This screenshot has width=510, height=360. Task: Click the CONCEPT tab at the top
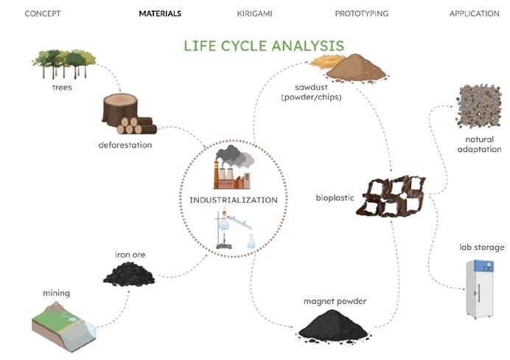(x=43, y=13)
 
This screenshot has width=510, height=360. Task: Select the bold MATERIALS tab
(x=160, y=13)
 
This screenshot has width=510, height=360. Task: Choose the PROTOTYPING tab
(x=361, y=13)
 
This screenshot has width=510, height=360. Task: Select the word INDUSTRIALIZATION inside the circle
(x=233, y=199)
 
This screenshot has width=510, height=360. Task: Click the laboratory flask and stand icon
(x=235, y=231)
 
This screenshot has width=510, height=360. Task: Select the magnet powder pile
(x=335, y=324)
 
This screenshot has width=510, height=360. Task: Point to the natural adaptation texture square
(x=479, y=106)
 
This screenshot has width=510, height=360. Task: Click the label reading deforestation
(x=125, y=145)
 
